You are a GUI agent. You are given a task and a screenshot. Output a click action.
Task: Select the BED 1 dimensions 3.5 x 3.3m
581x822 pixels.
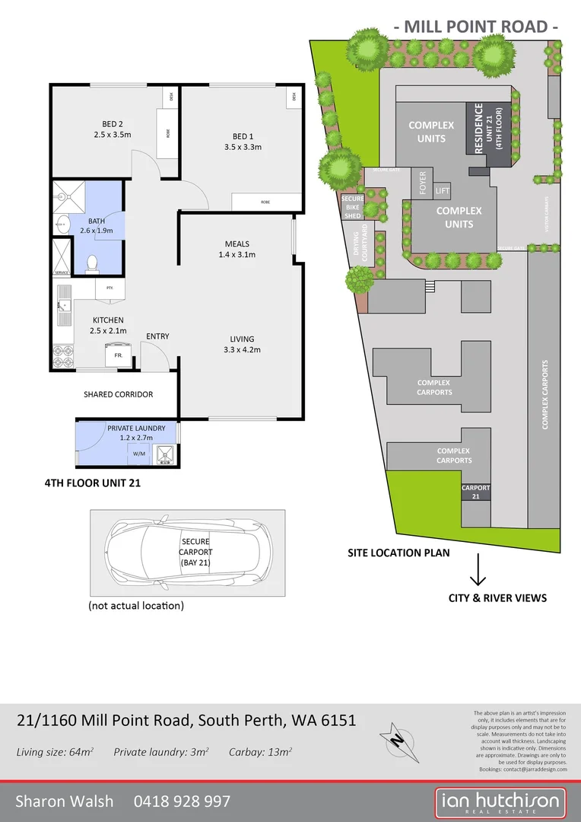pos(243,147)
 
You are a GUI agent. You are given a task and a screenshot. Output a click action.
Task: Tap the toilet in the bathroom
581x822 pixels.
pos(92,263)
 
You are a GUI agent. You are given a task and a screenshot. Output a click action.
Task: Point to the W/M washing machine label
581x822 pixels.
pos(138,454)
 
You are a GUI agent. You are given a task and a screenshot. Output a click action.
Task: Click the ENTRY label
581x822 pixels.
pos(157,336)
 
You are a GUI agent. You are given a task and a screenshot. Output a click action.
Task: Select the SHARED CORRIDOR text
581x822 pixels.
pos(118,394)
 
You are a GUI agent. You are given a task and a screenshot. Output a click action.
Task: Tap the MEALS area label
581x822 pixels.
pos(237,244)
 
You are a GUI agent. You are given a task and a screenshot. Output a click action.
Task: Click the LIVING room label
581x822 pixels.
pos(243,339)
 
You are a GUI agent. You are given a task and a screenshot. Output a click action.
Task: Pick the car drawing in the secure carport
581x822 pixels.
pos(188,552)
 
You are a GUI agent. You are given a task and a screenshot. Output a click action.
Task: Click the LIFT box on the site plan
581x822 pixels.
pos(443,190)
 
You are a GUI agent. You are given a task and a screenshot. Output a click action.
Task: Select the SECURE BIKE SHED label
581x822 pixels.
pos(351,206)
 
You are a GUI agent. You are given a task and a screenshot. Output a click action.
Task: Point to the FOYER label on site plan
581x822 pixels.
pos(423,183)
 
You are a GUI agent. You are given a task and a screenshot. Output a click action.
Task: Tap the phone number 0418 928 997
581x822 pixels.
pos(182,801)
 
